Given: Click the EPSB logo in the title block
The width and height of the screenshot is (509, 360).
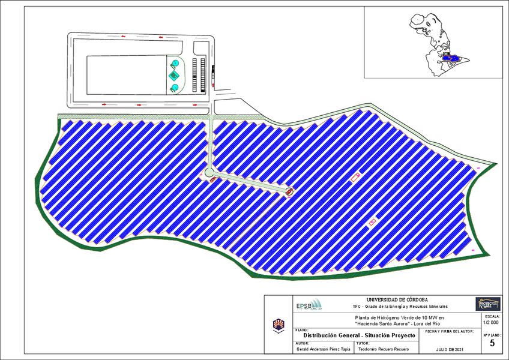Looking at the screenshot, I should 309,305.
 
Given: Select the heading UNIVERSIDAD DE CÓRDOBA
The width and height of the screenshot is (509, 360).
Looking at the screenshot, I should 397,299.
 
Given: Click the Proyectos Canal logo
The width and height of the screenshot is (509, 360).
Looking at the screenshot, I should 487,304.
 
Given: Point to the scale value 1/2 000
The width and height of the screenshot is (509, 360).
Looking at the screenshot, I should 490,322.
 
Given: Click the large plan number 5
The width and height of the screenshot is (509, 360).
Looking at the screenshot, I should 492,344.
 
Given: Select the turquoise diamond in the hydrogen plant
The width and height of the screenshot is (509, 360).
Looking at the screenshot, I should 174,76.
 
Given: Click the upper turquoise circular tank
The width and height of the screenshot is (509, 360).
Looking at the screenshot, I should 174,63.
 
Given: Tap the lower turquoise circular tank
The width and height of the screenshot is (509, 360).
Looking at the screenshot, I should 174,88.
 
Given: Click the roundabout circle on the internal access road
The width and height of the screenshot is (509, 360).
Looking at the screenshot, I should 209,173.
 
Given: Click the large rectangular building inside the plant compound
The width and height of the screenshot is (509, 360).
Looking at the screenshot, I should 126,75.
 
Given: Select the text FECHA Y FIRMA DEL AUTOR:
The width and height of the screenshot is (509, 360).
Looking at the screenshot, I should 449,331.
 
